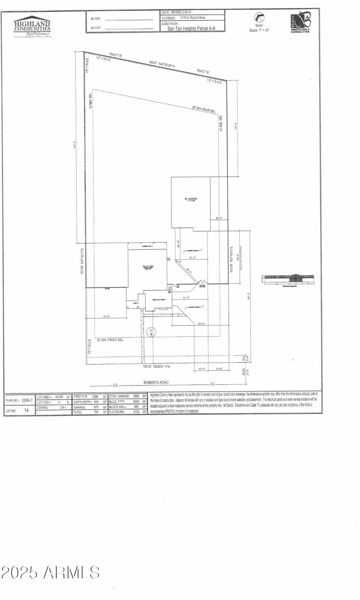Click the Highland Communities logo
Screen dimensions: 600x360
click(x=32, y=26)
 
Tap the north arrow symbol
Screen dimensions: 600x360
click(x=260, y=18)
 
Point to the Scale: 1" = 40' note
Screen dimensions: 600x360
click(x=259, y=30)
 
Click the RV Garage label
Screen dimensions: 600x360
click(x=190, y=199)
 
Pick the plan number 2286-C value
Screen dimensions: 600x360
click(x=28, y=400)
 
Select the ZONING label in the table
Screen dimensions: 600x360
click(x=43, y=406)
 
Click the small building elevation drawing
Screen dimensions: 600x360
click(x=288, y=279)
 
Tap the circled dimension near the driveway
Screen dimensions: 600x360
click(x=152, y=333)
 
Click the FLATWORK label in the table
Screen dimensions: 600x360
click(x=117, y=411)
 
